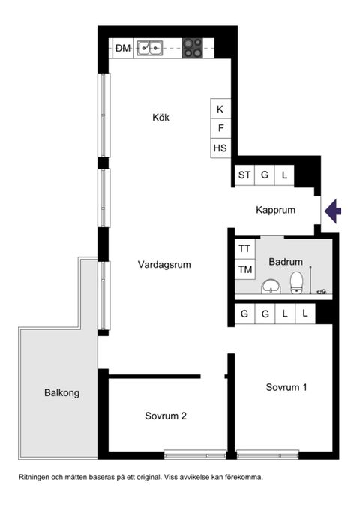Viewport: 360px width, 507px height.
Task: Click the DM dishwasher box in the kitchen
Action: [122, 49]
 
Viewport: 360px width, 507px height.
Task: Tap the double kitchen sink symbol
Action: [150, 49]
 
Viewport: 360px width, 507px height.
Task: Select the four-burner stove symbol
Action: [193, 49]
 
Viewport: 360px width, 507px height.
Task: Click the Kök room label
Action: [161, 117]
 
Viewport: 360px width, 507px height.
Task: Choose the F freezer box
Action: [220, 129]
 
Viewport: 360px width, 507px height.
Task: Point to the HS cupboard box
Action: [220, 148]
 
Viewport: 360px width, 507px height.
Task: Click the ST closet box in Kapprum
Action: [244, 175]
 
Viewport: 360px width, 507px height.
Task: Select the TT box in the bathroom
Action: [244, 248]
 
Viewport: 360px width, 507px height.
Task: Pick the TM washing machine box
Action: [244, 269]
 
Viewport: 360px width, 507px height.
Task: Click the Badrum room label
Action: [286, 262]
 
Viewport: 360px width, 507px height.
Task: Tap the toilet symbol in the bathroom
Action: [296, 282]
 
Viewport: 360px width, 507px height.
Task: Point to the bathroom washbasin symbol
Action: [270, 286]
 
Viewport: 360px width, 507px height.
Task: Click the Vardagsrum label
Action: [164, 265]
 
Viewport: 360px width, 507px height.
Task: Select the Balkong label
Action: [61, 392]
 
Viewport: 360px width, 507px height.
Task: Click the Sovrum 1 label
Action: [286, 388]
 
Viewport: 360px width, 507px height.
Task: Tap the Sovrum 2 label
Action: [166, 416]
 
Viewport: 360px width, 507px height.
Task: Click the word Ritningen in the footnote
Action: [38, 477]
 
